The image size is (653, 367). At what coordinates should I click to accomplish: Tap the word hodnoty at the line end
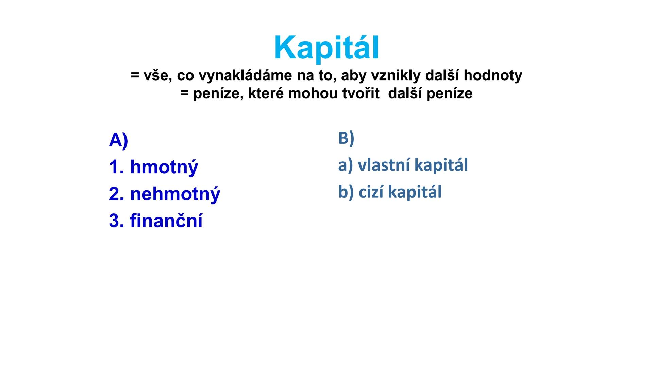point(493,75)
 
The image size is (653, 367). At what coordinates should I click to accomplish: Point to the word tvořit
point(361,93)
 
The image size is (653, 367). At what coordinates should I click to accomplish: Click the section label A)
point(118,140)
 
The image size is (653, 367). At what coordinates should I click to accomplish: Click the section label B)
point(346,138)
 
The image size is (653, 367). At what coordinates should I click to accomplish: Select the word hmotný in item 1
point(164,167)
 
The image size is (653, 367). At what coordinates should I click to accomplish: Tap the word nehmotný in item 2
point(175,194)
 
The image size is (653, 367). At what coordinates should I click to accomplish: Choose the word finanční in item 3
point(166,221)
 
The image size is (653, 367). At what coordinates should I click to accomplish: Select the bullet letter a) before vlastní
point(345,165)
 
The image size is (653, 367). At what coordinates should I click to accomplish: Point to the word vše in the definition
point(155,75)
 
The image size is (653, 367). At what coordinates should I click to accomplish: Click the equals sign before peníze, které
point(184,93)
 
